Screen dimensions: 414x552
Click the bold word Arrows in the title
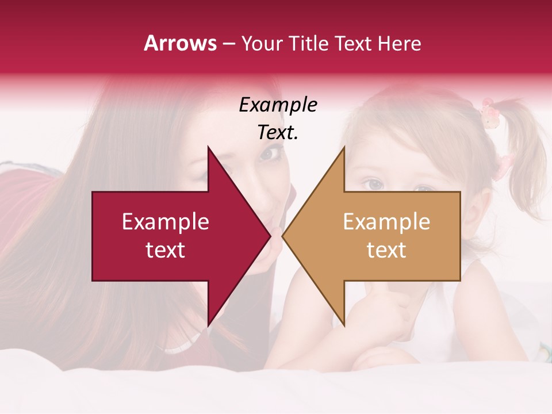click(180, 43)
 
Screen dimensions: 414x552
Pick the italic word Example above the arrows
click(278, 105)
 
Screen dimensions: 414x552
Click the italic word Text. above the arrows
click(278, 133)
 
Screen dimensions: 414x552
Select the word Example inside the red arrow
click(166, 222)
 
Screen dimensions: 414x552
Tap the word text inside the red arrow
click(166, 250)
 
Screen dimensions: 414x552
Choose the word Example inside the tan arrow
click(386, 222)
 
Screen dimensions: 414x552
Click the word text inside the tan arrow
click(386, 250)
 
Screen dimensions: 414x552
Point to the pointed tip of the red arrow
click(270, 236)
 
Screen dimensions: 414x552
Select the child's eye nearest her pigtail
click(424, 189)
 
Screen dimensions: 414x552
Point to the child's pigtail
click(526, 144)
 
